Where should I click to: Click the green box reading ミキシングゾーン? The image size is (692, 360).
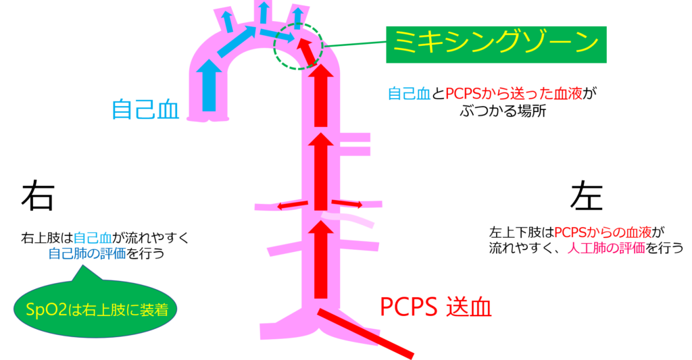click(x=496, y=45)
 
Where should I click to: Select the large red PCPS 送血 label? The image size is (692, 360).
click(x=435, y=307)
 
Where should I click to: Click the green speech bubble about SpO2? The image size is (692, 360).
click(x=95, y=309)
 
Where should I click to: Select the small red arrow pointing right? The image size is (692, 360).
click(x=346, y=203)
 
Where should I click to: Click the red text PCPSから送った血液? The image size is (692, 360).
click(x=514, y=94)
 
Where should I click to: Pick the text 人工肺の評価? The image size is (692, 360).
click(x=606, y=248)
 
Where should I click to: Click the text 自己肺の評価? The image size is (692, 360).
click(x=87, y=253)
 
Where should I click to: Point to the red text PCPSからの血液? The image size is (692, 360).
click(x=603, y=232)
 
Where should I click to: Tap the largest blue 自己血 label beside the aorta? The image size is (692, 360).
click(x=145, y=109)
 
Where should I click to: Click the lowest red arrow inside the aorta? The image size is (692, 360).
click(x=323, y=261)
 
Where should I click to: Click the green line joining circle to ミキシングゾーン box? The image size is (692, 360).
click(x=355, y=45)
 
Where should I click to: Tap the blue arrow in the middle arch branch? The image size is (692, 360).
click(x=263, y=12)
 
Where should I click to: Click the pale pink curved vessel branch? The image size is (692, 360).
click(x=348, y=220)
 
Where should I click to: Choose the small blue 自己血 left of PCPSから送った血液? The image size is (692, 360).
click(x=409, y=94)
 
